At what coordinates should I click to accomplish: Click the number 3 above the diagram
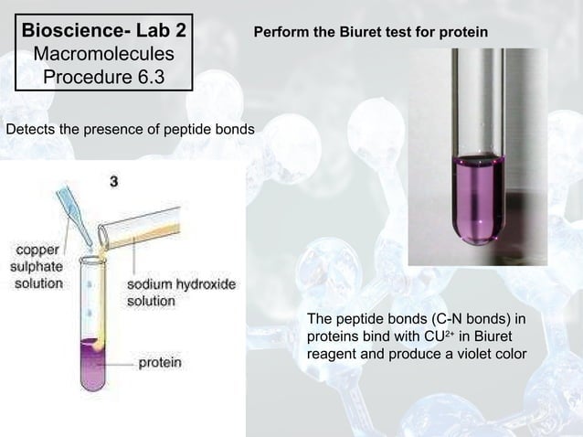tap(113, 182)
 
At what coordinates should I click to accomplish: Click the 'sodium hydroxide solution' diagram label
tap(181, 293)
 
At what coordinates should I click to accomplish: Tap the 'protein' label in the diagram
tap(159, 363)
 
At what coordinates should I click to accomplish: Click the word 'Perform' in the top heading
tap(280, 33)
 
